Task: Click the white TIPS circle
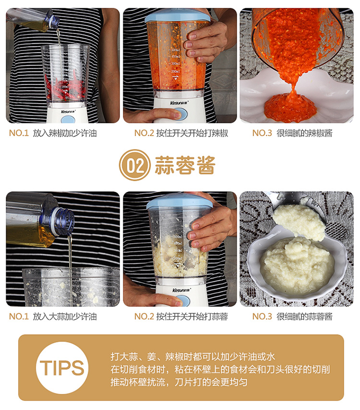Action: pyautogui.click(x=62, y=367)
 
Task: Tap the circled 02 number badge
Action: pyautogui.click(x=135, y=165)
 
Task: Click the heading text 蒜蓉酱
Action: pyautogui.click(x=185, y=165)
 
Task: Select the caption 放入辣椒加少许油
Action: pyautogui.click(x=65, y=133)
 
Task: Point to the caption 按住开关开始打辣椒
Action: pyautogui.click(x=192, y=133)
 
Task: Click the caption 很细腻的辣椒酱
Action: pyautogui.click(x=304, y=133)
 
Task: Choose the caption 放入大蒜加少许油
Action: pyautogui.click(x=65, y=316)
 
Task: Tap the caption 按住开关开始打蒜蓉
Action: pyautogui.click(x=192, y=316)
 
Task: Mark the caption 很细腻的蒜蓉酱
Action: pyautogui.click(x=304, y=316)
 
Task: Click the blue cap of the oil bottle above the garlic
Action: pyautogui.click(x=63, y=221)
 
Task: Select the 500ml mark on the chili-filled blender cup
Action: pyautogui.click(x=175, y=50)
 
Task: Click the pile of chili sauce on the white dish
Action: pyautogui.click(x=290, y=106)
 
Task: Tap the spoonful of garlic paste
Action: pyautogui.click(x=299, y=222)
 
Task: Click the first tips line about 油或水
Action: pyautogui.click(x=193, y=356)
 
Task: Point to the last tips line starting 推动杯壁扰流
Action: pyautogui.click(x=179, y=382)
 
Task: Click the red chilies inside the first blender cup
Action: pyautogui.click(x=65, y=88)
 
